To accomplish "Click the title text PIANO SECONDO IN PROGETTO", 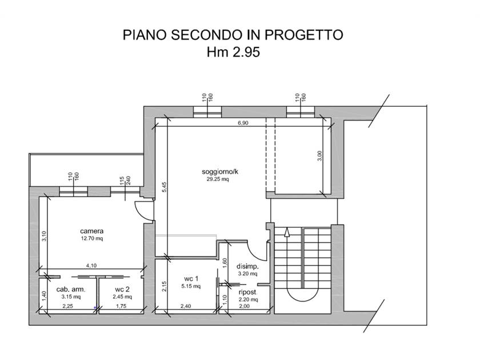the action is pos(233,35).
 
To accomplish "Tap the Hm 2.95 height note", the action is pos(233,52).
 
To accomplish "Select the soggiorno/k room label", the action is pos(220,171).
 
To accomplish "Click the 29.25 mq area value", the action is pos(218,179).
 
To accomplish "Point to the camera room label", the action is pos(92,231).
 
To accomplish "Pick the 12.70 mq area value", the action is pos(92,238).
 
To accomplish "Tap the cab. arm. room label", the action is pos(71,289).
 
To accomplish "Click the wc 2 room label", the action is pos(122,289).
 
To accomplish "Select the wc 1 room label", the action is pos(191,279).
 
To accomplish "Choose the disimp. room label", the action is pos(247,266).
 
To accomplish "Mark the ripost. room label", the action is pos(247,292).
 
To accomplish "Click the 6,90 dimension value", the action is pos(243,123).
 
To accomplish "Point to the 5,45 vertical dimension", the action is pos(165,187).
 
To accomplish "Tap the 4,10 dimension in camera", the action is pos(91,265).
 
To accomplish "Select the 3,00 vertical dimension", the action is pos(319,156).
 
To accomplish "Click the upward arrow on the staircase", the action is pos(287,232).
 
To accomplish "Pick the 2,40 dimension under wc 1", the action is pos(186,306).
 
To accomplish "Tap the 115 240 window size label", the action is pos(125,180).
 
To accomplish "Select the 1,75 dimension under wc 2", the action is pos(121,306).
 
